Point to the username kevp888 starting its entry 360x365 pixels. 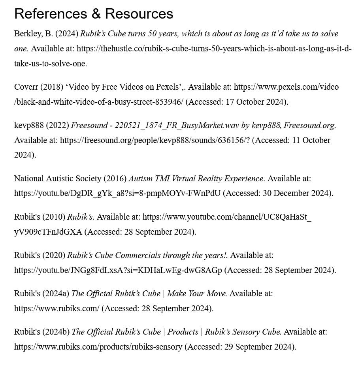tap(29, 126)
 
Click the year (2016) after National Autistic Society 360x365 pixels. tap(115, 179)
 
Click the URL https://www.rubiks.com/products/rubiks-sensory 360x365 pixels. tap(98, 347)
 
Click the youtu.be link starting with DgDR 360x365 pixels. tap(117, 193)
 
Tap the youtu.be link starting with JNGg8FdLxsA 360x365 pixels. tap(118, 270)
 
